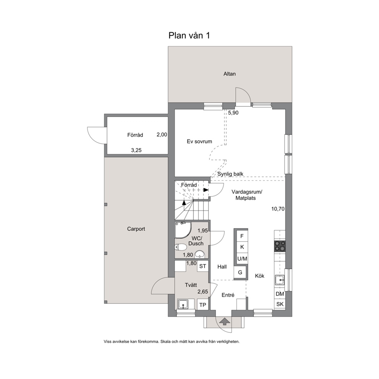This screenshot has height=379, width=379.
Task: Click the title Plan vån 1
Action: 189,36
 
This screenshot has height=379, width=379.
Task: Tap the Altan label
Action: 229,74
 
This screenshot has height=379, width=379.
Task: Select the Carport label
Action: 136,229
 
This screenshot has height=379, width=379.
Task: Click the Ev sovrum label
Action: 199,141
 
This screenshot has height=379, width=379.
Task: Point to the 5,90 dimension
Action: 233,113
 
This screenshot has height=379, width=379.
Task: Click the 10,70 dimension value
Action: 278,209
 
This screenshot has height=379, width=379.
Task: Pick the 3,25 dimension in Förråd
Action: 136,151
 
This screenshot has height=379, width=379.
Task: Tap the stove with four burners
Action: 280,246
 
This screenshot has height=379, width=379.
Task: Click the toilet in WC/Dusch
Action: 181,247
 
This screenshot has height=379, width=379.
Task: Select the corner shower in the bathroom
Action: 183,230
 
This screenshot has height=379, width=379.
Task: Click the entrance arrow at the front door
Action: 225,321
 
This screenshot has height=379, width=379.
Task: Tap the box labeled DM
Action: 280,294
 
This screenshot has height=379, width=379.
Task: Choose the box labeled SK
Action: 280,304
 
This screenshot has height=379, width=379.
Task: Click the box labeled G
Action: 240,272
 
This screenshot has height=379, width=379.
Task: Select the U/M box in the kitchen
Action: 242,259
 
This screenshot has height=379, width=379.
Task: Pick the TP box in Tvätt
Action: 203,305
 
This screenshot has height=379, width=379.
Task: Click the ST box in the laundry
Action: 202,266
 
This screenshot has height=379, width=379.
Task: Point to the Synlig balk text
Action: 230,174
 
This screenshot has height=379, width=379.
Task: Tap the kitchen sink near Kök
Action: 280,280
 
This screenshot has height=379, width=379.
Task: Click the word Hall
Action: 222,267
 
